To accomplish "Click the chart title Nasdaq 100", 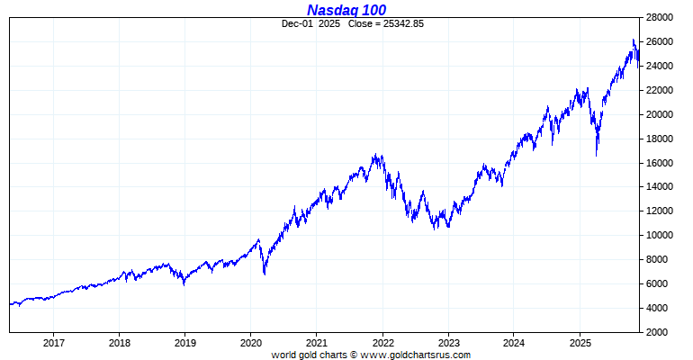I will [x=346, y=10].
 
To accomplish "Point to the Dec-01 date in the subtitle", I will [x=298, y=23].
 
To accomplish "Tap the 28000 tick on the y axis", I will [x=663, y=17].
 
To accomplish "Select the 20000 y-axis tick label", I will [x=663, y=114].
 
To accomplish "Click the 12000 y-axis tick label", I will [x=663, y=211].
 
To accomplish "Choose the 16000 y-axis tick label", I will [x=663, y=163].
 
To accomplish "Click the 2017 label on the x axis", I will [x=53, y=343].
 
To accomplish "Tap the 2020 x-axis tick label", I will [x=251, y=343].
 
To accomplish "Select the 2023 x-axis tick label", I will [x=448, y=343].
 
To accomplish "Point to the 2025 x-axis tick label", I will [x=580, y=343].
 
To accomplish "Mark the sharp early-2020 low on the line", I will [x=264, y=274].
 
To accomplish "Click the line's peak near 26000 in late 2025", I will [x=634, y=40].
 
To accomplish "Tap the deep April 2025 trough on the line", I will [x=596, y=156].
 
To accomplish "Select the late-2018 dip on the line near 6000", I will [x=184, y=284].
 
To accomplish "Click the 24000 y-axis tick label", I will [x=663, y=66].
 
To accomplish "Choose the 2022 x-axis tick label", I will [x=382, y=343].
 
